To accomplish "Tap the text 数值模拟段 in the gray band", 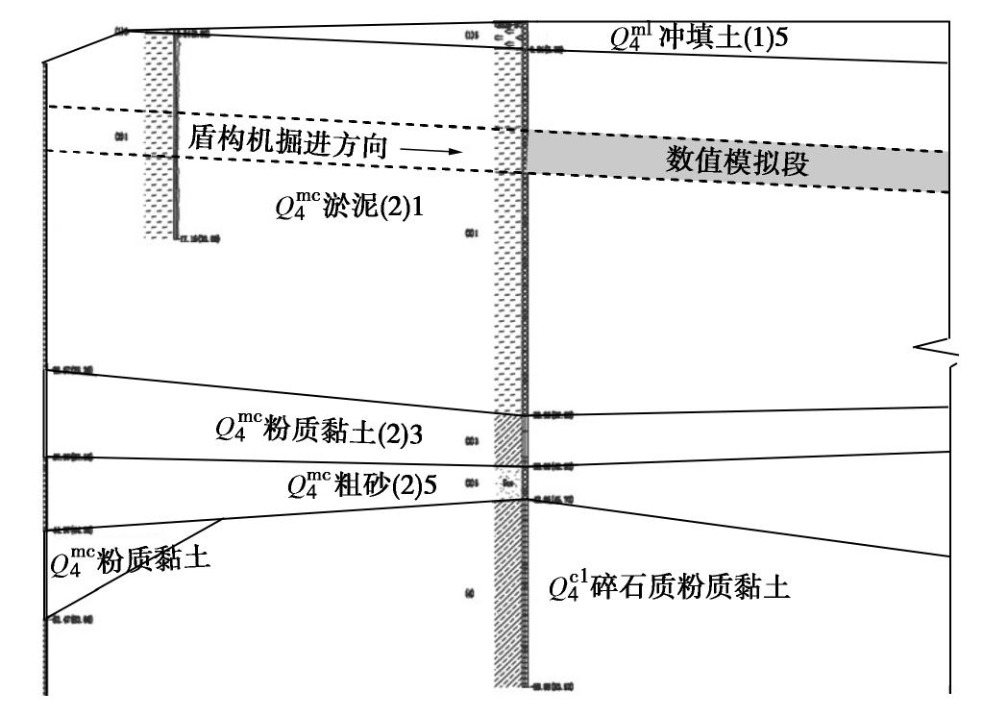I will click(738, 161).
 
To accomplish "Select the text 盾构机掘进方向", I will click(288, 145).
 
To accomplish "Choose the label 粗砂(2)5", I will click(384, 485).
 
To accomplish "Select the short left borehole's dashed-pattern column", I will click(156, 135).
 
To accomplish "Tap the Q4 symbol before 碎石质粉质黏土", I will click(565, 587).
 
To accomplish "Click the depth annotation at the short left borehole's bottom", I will click(200, 240).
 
